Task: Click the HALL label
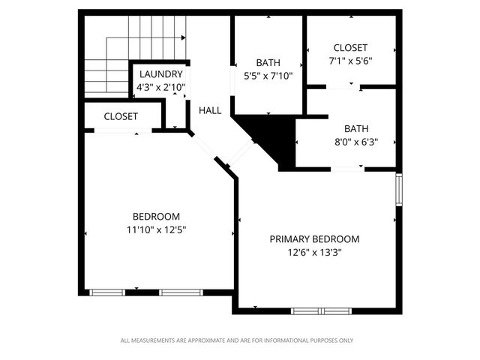(x=210, y=110)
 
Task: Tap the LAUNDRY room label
(x=160, y=74)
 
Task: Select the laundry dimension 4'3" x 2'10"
(x=160, y=88)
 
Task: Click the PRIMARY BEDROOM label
(x=314, y=239)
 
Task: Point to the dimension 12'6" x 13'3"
(x=314, y=253)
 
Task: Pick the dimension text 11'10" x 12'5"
(x=156, y=230)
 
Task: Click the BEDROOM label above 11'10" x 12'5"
(x=156, y=217)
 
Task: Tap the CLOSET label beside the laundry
(x=121, y=116)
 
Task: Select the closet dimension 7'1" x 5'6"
(x=351, y=61)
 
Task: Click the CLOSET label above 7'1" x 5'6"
(x=351, y=48)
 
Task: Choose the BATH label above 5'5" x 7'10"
(x=268, y=62)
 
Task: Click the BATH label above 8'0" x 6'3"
(x=356, y=128)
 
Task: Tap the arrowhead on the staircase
(x=182, y=37)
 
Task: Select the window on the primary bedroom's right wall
(x=400, y=190)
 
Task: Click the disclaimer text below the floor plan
(x=237, y=340)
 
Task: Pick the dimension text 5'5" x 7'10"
(x=268, y=76)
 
